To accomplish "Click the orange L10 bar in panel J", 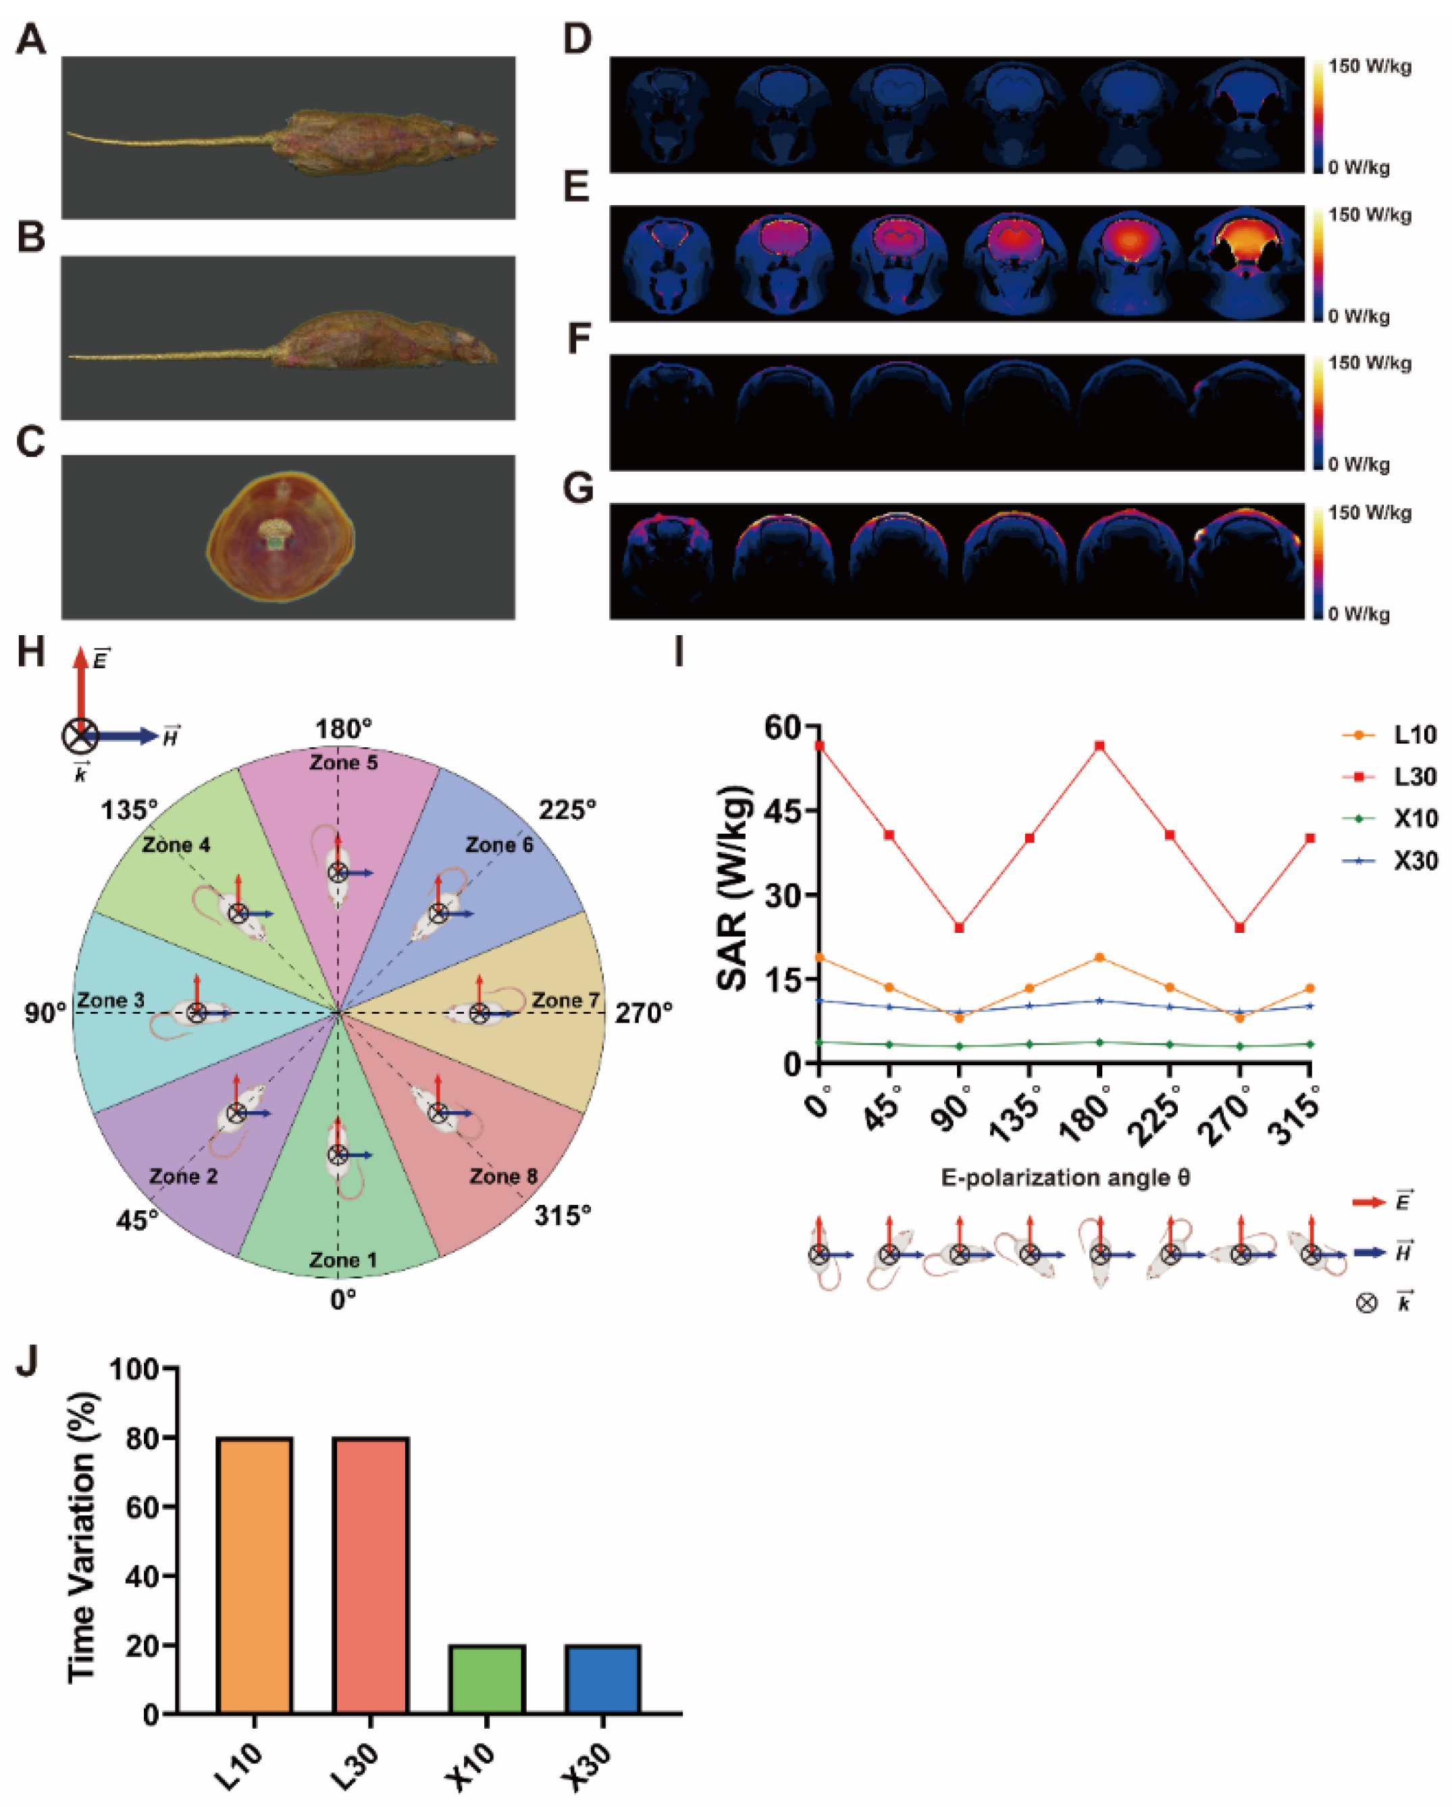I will (x=255, y=1575).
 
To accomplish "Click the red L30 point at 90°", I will (x=959, y=928).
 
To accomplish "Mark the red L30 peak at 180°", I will (x=1099, y=746).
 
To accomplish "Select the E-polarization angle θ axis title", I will (x=1065, y=1178).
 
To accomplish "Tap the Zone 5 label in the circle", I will (x=343, y=763).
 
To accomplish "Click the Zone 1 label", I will (x=343, y=1260).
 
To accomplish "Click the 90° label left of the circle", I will (x=45, y=1013).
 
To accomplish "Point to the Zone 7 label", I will (x=565, y=1000).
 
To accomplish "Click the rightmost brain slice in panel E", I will (x=1247, y=263).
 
